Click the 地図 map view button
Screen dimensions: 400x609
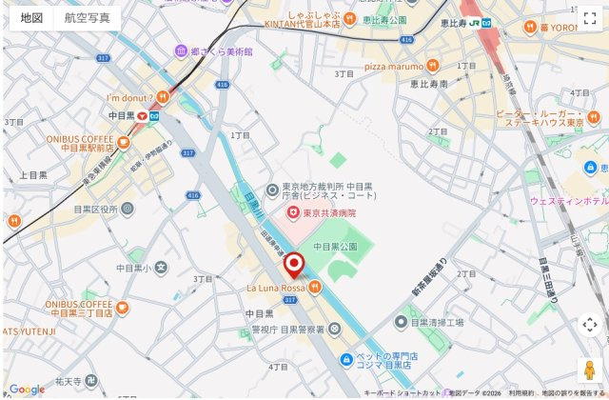31,17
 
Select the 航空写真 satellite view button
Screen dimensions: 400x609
88,17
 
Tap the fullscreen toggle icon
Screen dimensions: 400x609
589,17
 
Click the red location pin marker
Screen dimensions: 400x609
294,265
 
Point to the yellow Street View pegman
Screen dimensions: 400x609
589,370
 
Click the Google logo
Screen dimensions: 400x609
27,389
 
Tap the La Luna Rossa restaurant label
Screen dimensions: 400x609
276,287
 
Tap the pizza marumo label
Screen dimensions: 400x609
391,66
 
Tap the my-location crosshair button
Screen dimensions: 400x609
589,325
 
